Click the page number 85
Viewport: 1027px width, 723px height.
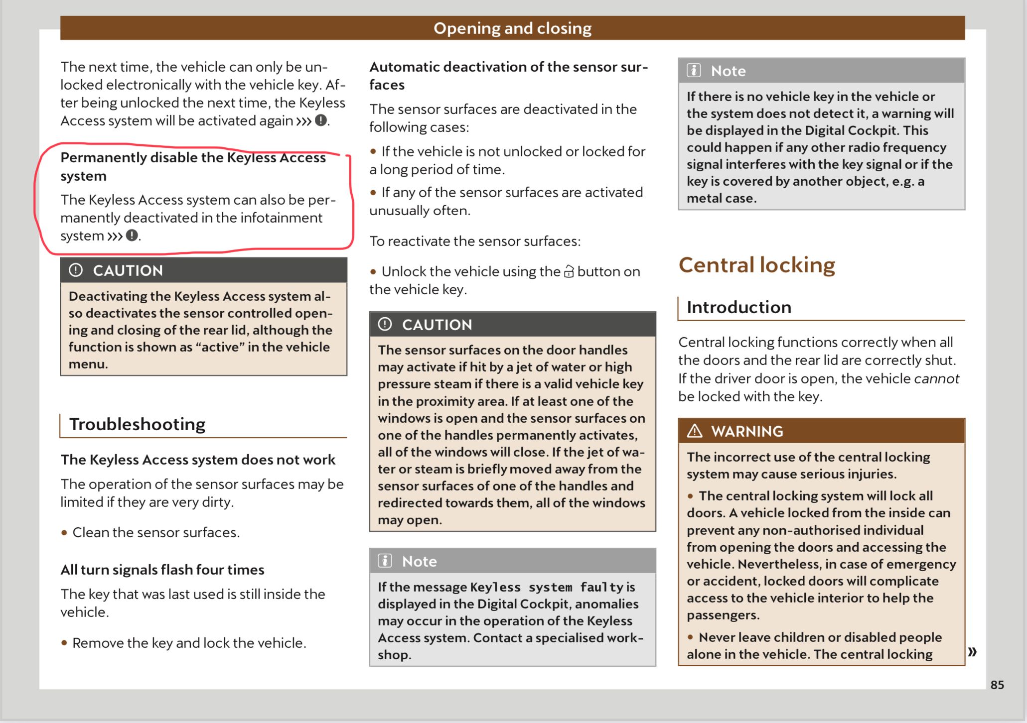coord(997,685)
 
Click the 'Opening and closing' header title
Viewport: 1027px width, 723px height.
coord(512,28)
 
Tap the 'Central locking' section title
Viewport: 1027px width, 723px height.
coord(756,265)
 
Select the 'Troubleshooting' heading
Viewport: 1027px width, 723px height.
coord(137,424)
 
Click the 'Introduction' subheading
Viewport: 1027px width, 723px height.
coord(738,307)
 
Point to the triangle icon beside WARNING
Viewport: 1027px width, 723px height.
coord(694,431)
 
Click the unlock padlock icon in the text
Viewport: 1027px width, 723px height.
coord(569,272)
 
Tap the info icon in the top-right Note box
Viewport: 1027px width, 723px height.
coord(694,71)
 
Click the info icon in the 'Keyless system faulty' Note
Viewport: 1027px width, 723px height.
coord(385,561)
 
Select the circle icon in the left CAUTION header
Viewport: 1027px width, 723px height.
coord(76,270)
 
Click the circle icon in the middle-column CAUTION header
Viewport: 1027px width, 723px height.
coord(385,325)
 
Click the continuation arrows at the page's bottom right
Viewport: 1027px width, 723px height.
coord(972,651)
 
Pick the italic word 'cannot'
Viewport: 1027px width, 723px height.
coord(936,378)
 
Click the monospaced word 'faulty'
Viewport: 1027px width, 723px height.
coord(601,587)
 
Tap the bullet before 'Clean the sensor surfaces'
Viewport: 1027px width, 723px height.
coord(64,533)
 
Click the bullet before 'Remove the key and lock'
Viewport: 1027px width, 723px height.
coord(64,643)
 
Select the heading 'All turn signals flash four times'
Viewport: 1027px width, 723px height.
coord(162,570)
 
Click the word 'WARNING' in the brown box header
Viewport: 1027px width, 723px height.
coord(747,431)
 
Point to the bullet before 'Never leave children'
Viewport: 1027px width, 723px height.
coord(690,637)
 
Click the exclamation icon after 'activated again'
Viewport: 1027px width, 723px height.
coord(321,120)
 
